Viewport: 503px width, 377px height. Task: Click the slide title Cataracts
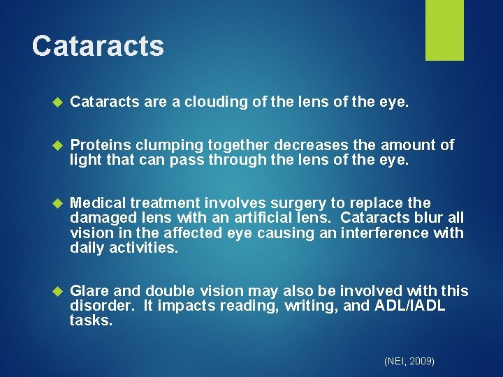click(x=98, y=46)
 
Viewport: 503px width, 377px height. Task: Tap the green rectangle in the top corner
click(x=444, y=30)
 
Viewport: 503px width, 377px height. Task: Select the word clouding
click(x=208, y=103)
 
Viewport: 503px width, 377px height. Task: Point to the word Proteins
click(x=101, y=145)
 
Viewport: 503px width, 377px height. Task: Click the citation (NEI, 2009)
click(x=409, y=361)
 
